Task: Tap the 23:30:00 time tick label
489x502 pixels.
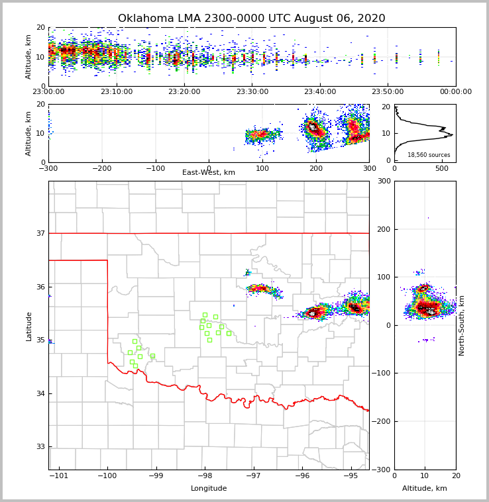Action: pos(252,92)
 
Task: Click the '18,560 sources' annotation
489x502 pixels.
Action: pos(429,155)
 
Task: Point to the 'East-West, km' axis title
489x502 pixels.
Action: pos(209,173)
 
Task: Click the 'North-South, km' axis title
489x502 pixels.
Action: pos(462,325)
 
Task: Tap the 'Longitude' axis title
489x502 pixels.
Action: pos(209,489)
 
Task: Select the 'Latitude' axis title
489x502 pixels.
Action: pos(28,326)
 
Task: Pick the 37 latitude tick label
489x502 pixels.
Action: pos(40,233)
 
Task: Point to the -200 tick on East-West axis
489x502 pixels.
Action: pos(101,168)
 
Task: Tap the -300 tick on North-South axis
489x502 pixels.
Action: pos(382,470)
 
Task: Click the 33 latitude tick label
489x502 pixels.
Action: pos(40,446)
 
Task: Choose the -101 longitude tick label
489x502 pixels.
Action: pos(59,476)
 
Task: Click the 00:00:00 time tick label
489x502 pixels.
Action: pos(456,92)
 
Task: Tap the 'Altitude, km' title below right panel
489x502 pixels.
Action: pos(425,489)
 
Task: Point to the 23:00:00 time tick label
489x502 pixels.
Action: pos(48,92)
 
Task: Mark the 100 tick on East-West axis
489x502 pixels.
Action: pos(262,168)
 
